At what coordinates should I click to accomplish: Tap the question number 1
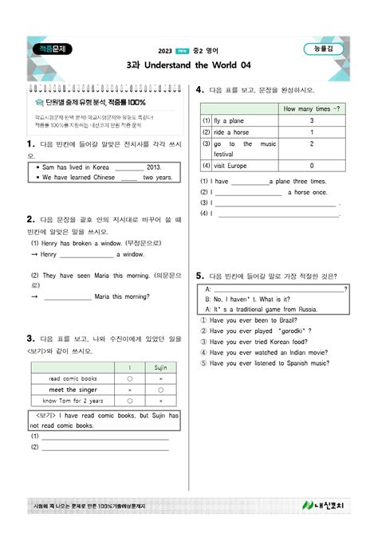[x=30, y=143]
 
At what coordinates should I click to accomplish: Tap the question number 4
[x=199, y=92]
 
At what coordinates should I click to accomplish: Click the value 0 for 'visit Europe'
[x=312, y=165]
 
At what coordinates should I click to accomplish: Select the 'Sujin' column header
[x=160, y=367]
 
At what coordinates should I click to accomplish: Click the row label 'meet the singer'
[x=73, y=390]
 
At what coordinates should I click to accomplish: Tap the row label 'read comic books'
[x=73, y=378]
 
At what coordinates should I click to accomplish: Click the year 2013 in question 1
[x=154, y=167]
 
